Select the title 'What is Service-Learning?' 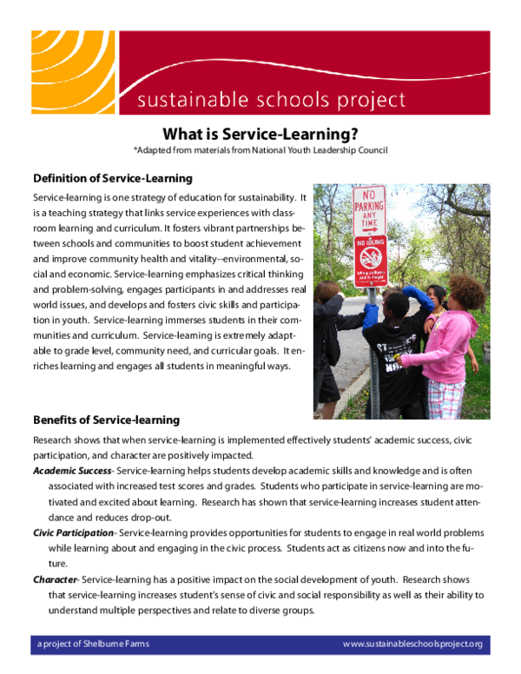(260, 134)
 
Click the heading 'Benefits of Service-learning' (106, 420)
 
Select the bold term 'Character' (55, 579)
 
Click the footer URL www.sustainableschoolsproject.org (412, 644)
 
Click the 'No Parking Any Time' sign (367, 209)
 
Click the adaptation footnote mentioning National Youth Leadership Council (260, 150)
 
